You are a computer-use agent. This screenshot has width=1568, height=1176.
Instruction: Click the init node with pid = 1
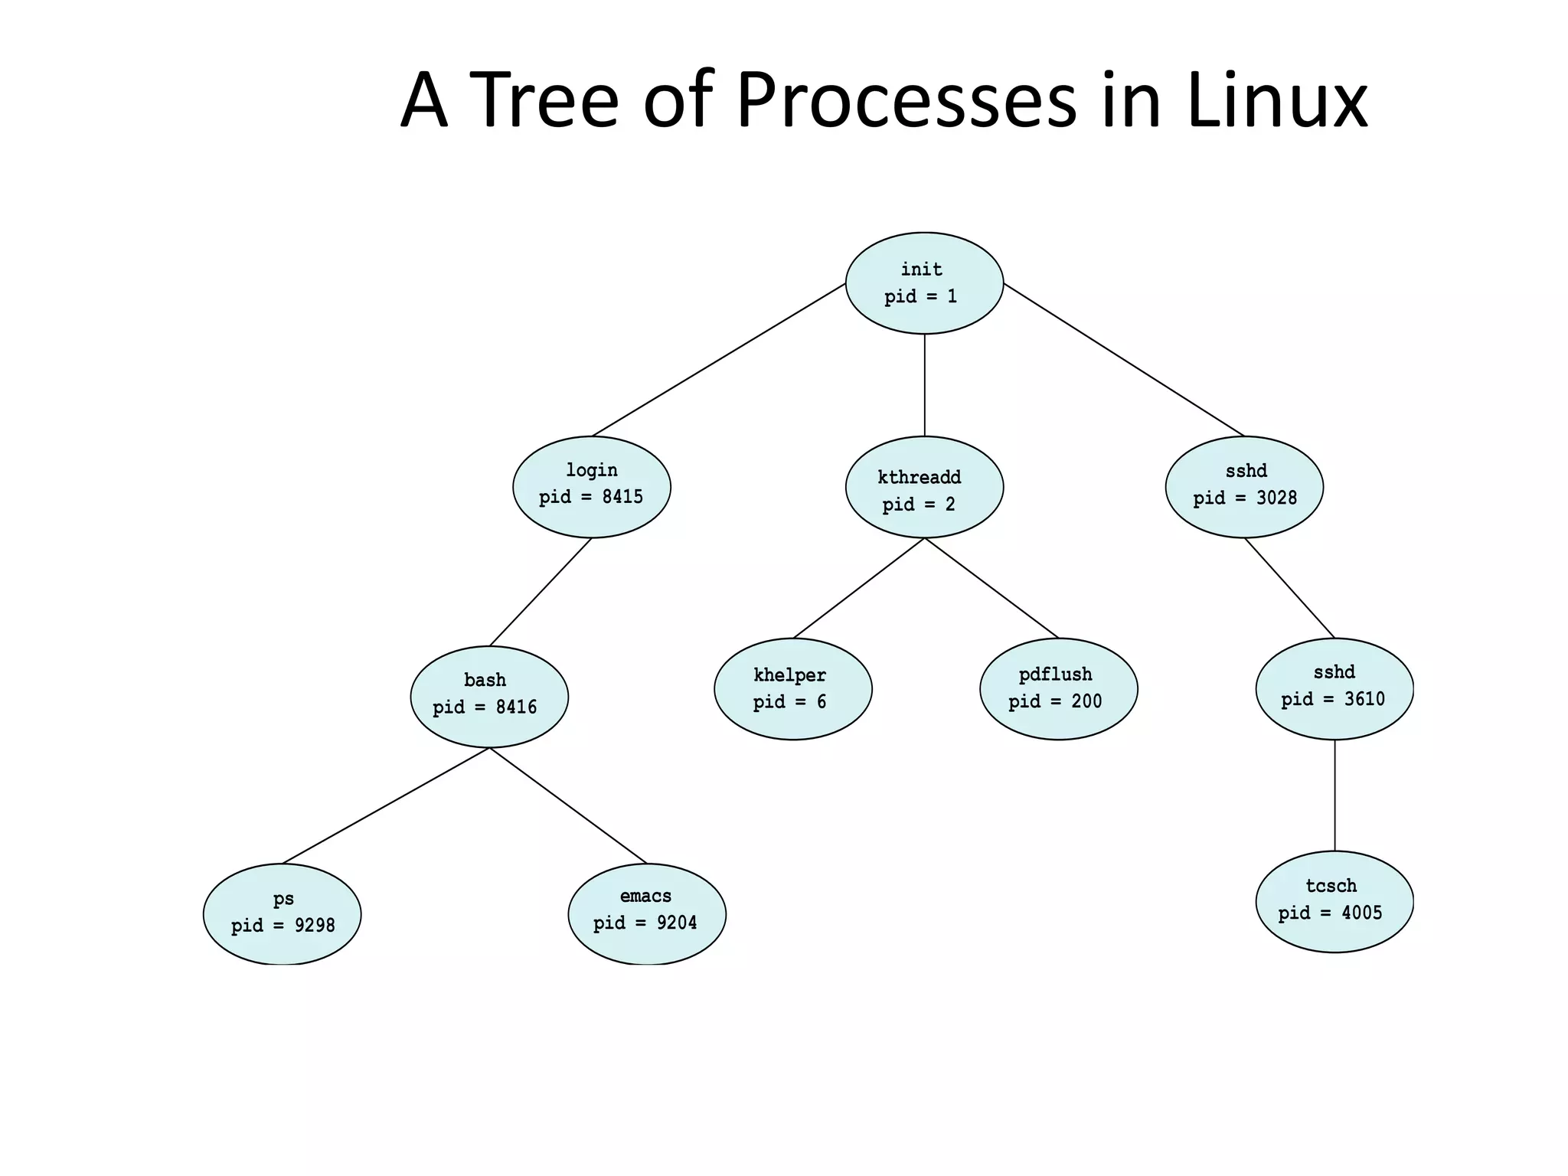click(924, 283)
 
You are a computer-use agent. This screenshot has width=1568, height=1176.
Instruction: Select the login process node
click(591, 486)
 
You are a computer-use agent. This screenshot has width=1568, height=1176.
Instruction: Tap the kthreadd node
click(924, 487)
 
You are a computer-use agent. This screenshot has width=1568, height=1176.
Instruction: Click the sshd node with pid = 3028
click(1244, 487)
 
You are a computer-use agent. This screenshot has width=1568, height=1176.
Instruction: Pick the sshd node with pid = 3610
click(1334, 688)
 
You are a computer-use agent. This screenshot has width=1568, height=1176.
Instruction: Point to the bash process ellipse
click(489, 696)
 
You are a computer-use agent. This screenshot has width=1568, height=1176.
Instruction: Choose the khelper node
click(792, 688)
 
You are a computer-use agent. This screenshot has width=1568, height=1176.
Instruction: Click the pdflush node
click(1058, 688)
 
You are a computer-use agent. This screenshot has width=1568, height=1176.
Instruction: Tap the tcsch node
click(1334, 901)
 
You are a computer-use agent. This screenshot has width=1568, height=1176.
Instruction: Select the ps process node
click(282, 913)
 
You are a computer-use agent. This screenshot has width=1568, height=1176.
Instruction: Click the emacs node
click(646, 913)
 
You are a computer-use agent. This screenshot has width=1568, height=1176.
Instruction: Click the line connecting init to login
click(718, 360)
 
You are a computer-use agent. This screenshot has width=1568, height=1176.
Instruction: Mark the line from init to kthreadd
click(924, 385)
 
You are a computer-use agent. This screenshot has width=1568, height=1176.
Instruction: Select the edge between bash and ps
click(385, 805)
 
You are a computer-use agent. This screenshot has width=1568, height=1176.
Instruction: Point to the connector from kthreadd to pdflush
click(991, 588)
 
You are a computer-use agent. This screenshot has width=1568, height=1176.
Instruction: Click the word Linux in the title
click(1276, 101)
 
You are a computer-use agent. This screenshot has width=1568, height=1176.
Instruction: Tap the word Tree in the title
click(543, 101)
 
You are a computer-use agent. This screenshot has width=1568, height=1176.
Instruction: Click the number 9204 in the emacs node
click(677, 923)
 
